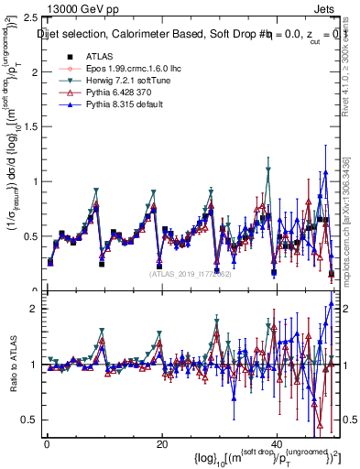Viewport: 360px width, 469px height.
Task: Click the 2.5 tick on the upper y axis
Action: tap(29, 17)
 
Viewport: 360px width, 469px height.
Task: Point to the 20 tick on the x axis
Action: tap(161, 443)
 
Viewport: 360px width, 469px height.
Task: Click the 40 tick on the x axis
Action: tap(276, 443)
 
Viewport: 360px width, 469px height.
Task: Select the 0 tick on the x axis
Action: tap(47, 443)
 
